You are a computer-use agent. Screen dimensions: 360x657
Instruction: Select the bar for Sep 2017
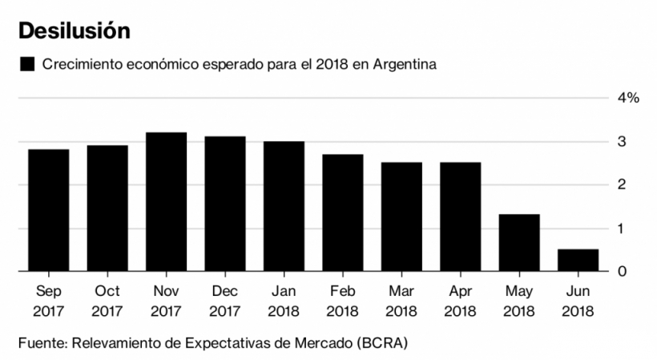pos(48,210)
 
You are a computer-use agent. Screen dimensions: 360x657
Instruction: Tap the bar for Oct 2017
pos(107,208)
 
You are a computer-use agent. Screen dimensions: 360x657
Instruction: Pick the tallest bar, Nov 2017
pos(166,202)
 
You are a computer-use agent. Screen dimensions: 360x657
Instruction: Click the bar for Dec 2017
pos(225,204)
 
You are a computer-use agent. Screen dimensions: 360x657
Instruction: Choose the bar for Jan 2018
pos(284,206)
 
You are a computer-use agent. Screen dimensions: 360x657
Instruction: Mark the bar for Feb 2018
pos(342,212)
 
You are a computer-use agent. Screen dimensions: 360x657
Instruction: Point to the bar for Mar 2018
pos(401,216)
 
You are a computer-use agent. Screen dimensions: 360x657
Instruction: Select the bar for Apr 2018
pos(460,216)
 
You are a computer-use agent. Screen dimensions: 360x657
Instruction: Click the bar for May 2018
pos(519,243)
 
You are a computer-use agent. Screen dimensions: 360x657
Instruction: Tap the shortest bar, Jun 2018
pos(578,261)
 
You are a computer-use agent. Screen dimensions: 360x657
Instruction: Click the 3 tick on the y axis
pos(622,142)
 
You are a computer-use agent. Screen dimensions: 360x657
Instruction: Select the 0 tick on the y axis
pos(622,272)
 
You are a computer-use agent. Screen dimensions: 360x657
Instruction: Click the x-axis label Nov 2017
pos(166,301)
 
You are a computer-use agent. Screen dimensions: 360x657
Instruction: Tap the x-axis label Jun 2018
pos(578,301)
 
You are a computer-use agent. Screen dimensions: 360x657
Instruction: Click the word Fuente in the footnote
pos(41,343)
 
